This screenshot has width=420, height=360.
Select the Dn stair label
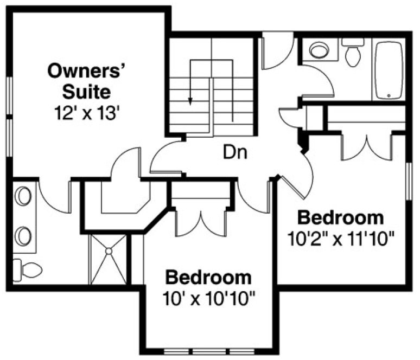coord(236,152)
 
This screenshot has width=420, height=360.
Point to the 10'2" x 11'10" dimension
coord(341,238)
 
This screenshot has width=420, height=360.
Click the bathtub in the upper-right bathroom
coord(388,70)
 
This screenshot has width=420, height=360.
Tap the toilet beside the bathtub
coord(353,53)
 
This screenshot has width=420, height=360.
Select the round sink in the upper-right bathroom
coord(319,51)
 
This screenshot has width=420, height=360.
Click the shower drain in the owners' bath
coord(108,251)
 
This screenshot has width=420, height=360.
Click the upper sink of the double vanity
coord(23,196)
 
